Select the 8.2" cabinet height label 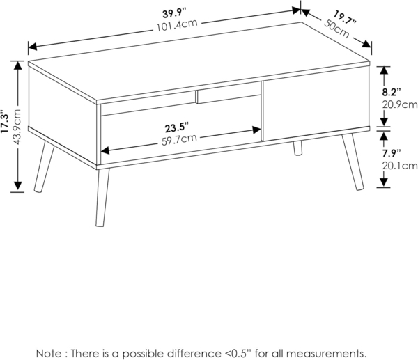[390, 92]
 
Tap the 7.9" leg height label [390, 152]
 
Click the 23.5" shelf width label [176, 128]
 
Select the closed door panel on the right [315, 104]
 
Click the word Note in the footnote [50, 353]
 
